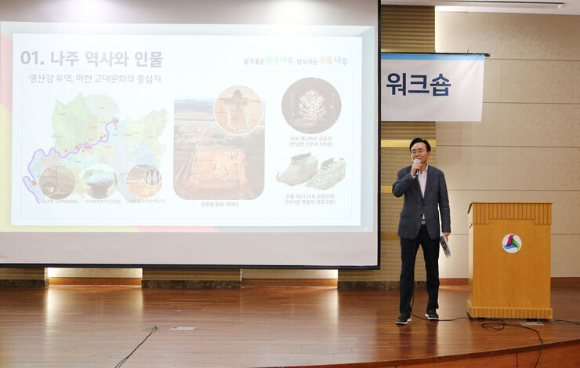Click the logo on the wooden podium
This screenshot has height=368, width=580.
(511, 243)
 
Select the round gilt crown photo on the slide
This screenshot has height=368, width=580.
(311, 105)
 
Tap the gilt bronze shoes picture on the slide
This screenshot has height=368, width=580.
(311, 171)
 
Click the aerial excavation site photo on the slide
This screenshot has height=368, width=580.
(218, 157)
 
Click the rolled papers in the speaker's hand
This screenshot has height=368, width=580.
(445, 245)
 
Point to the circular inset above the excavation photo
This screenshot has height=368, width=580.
(238, 110)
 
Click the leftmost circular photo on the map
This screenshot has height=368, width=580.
(57, 182)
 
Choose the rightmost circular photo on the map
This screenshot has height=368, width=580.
(144, 180)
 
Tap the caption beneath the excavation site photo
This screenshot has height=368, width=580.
(219, 204)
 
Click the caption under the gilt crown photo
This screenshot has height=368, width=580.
(311, 141)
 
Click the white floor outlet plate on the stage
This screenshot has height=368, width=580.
(183, 328)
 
